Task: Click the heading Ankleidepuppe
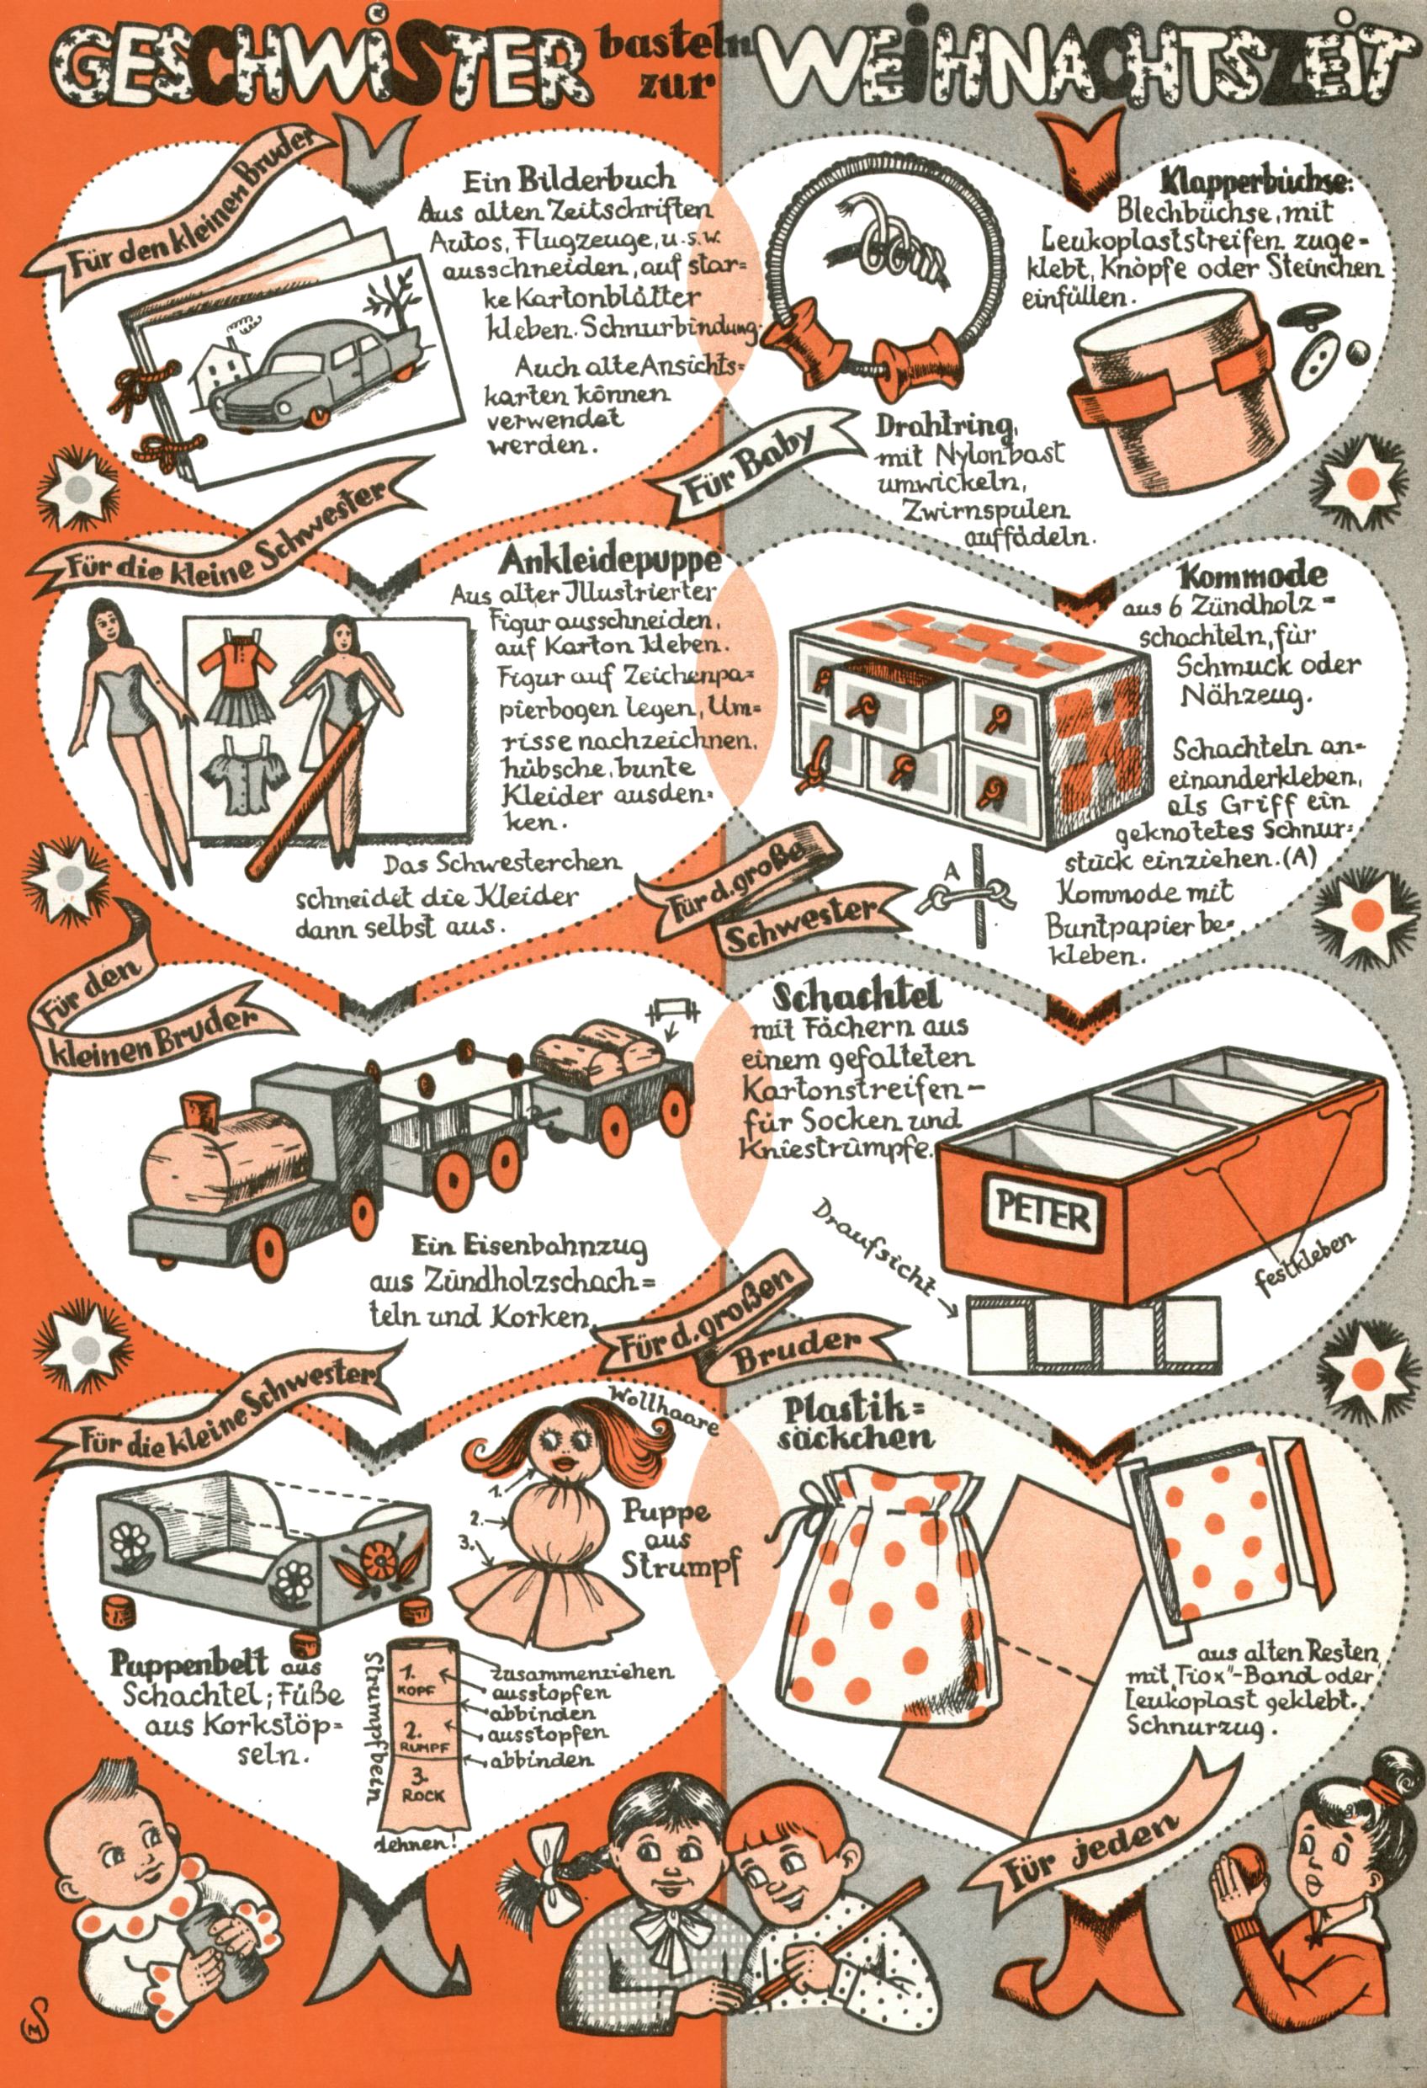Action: pyautogui.click(x=610, y=560)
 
